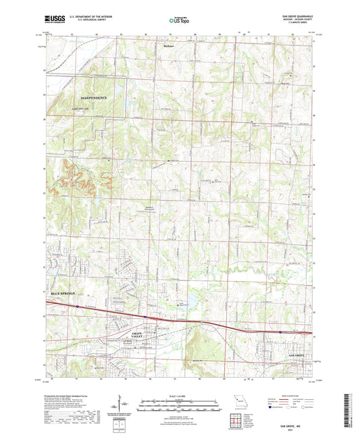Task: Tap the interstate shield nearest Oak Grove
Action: click(x=280, y=332)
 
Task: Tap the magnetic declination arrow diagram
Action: click(x=120, y=406)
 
